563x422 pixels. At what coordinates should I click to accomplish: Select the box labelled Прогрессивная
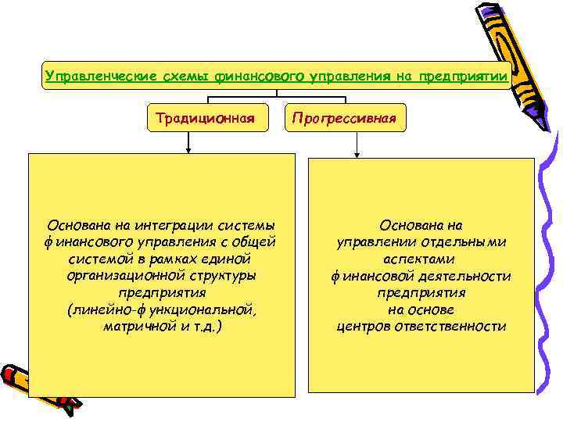[x=345, y=119]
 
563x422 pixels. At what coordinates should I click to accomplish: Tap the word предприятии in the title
[x=464, y=76]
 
